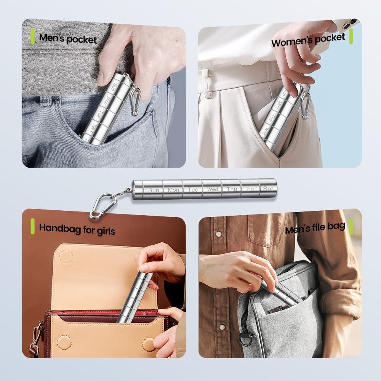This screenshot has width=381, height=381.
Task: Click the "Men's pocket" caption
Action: coord(68,38)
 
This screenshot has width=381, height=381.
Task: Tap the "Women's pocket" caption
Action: coord(308,40)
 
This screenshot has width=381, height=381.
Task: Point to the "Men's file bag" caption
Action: coord(315,228)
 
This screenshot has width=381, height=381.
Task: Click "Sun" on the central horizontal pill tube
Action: coord(153,190)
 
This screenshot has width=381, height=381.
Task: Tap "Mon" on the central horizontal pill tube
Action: coord(173,190)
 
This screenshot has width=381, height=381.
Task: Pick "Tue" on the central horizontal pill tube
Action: coord(193,189)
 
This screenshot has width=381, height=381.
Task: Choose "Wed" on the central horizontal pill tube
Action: coord(212,189)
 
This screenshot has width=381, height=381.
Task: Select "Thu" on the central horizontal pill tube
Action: coord(232,189)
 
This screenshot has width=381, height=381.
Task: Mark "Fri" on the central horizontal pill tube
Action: coord(250,188)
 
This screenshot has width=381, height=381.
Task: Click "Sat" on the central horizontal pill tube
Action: coord(268,188)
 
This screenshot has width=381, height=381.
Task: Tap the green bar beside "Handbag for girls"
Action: coord(33,227)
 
